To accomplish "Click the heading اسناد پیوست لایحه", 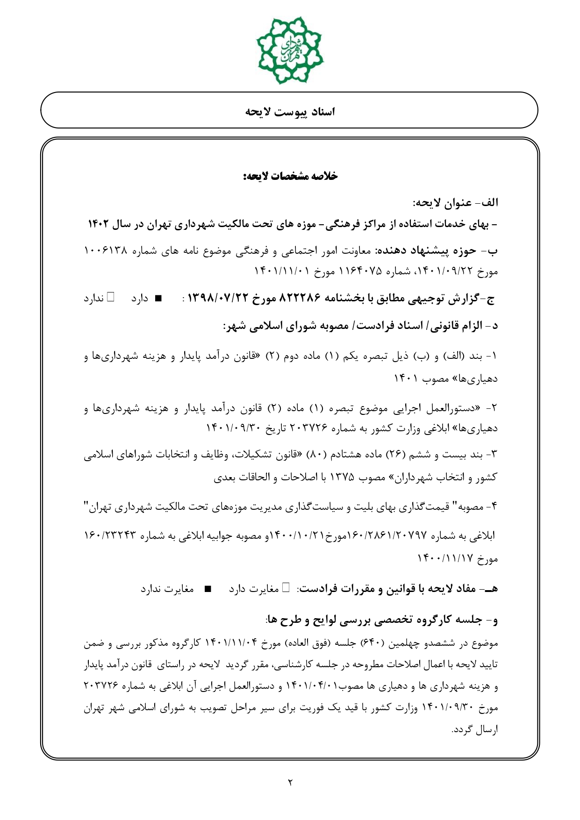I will click(x=290, y=112).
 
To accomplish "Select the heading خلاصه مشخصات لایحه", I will click(x=290, y=176).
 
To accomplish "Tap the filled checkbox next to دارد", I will click(x=158, y=298).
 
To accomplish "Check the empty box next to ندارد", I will click(x=111, y=297).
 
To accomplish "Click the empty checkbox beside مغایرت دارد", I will click(x=286, y=588).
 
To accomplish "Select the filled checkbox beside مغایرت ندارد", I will click(x=208, y=589).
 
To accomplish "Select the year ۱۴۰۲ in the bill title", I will click(x=99, y=224).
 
